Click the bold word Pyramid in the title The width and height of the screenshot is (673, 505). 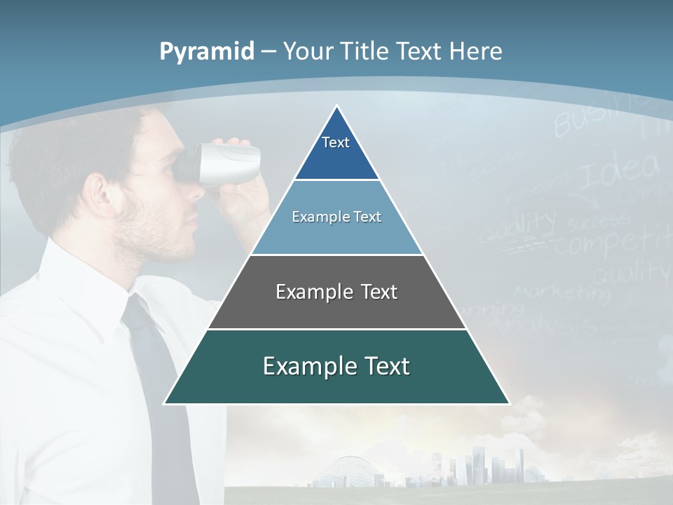coord(207,51)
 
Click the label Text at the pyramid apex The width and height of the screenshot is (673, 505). coord(336,142)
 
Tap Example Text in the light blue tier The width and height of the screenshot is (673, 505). coord(336,217)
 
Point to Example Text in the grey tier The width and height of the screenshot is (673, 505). coord(336,292)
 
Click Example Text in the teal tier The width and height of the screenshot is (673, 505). coord(336,366)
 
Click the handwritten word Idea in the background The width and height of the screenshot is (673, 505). coord(620,170)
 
